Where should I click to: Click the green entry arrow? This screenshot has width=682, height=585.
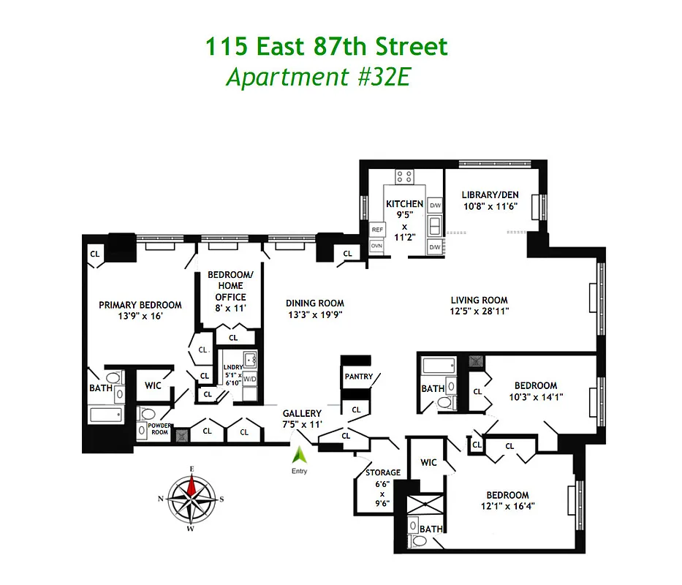[x=299, y=455]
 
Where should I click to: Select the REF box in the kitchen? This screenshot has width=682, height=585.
[x=377, y=230]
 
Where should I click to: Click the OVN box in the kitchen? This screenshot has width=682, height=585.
[x=377, y=246]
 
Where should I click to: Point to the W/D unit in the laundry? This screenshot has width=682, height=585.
[x=250, y=379]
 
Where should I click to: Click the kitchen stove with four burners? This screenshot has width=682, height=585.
[x=404, y=177]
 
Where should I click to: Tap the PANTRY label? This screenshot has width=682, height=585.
[x=358, y=377]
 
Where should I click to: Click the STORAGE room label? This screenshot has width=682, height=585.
[x=383, y=472]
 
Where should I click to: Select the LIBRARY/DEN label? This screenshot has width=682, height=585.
[x=490, y=195]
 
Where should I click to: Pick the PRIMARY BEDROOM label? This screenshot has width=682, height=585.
[x=140, y=305]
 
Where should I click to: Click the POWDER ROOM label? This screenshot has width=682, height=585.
[x=159, y=429]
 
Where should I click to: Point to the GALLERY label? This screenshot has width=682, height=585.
[x=302, y=414]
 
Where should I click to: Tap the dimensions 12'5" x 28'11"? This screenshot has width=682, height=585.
[x=479, y=311]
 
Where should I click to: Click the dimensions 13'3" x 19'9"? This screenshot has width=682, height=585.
[x=314, y=315]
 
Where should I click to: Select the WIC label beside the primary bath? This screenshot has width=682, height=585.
[x=153, y=385]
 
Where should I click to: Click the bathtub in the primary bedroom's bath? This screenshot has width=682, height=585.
[x=108, y=415]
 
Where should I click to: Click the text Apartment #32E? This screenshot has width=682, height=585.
[x=319, y=77]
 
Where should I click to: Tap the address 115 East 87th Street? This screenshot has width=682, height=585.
[x=325, y=48]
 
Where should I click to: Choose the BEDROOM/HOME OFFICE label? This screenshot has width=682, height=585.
[x=230, y=286]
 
